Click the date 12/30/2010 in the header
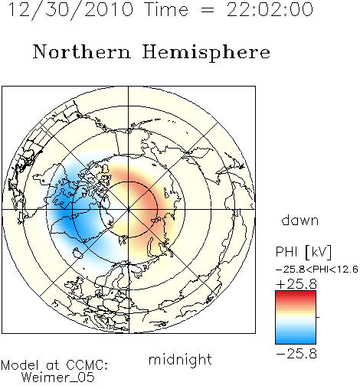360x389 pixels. [x=70, y=10]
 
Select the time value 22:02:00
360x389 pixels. [x=270, y=10]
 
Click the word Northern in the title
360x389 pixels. [x=82, y=51]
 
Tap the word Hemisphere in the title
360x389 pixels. [x=206, y=53]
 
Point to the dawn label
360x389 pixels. [x=300, y=220]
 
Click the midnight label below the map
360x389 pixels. [x=180, y=359]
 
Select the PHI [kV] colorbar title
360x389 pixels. [x=304, y=252]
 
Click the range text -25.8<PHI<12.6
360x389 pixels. [x=317, y=270]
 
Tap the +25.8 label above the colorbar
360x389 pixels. [x=296, y=284]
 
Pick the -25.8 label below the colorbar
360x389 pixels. [x=296, y=354]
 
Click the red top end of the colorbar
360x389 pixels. [x=296, y=293]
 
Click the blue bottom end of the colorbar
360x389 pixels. [x=296, y=341]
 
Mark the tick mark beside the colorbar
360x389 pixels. [x=318, y=317]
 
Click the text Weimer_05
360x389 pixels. [x=58, y=377]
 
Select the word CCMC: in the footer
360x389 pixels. [x=87, y=364]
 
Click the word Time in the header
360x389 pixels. [x=166, y=10]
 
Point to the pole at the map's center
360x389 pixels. [x=129, y=210]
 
